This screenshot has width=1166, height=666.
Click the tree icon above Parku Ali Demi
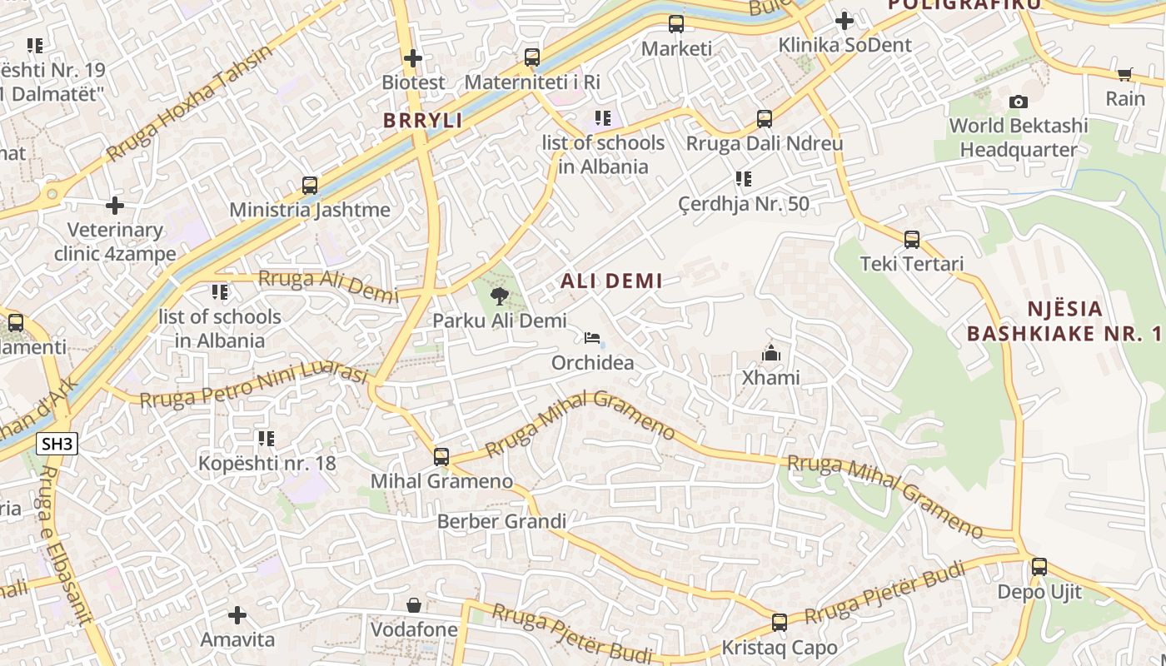pyautogui.click(x=500, y=296)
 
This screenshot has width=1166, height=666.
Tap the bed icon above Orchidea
pyautogui.click(x=592, y=338)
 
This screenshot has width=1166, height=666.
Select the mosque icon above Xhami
pyautogui.click(x=771, y=353)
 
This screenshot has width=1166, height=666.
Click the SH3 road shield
pyautogui.click(x=57, y=444)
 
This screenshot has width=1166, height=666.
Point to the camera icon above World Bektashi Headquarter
pyautogui.click(x=1018, y=102)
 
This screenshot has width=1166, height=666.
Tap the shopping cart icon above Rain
pyautogui.click(x=1125, y=74)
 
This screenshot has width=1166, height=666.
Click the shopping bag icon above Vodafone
pyautogui.click(x=414, y=604)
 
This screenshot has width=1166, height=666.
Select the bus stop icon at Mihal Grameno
pyautogui.click(x=441, y=456)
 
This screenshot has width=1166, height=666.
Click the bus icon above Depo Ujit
pyautogui.click(x=1039, y=567)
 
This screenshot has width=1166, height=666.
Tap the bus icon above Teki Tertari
pyautogui.click(x=912, y=240)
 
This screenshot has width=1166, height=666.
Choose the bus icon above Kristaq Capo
pyautogui.click(x=780, y=622)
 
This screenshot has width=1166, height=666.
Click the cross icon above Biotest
pyautogui.click(x=413, y=58)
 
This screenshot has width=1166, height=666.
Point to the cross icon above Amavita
pyautogui.click(x=237, y=615)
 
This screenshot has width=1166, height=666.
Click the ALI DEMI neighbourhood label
pyautogui.click(x=611, y=281)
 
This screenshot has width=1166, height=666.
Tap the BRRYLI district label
pyautogui.click(x=422, y=121)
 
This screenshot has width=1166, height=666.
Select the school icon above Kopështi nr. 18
pyautogui.click(x=267, y=438)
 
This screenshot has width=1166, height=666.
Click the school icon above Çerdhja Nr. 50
pyautogui.click(x=744, y=179)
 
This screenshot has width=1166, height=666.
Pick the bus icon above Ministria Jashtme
pyautogui.click(x=310, y=185)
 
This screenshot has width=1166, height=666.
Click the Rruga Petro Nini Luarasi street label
pyautogui.click(x=253, y=387)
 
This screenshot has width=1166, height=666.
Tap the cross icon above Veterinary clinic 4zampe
pyautogui.click(x=115, y=205)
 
